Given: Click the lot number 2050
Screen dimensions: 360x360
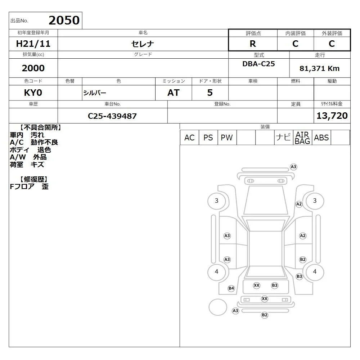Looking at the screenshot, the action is click(x=64, y=20).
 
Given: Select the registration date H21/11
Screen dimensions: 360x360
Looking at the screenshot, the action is click(x=33, y=44).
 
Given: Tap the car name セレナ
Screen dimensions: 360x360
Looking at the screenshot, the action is click(x=143, y=44).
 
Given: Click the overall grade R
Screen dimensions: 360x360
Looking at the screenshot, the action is click(x=253, y=44).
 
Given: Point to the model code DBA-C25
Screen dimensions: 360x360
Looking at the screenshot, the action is click(x=258, y=64).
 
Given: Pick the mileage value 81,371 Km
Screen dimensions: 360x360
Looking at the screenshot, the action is click(x=319, y=68).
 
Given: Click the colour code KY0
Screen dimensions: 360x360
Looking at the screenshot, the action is click(x=33, y=93).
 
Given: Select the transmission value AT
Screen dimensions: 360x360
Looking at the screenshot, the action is click(x=174, y=93).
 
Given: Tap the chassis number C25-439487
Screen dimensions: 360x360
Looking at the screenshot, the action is click(x=112, y=116).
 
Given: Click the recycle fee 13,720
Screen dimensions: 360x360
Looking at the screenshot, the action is click(x=332, y=116).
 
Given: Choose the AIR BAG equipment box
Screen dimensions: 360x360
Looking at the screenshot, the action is click(x=302, y=138).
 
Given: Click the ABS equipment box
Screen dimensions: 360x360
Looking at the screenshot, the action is click(x=321, y=138).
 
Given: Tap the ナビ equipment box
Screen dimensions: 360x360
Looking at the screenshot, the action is click(x=284, y=138).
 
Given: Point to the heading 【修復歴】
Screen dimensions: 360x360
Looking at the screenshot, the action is click(x=33, y=179).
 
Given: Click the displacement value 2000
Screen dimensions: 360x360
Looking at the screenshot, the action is click(x=33, y=68).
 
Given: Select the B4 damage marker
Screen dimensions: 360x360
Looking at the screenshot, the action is click(x=231, y=288).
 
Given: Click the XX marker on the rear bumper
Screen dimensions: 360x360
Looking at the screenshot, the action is click(x=265, y=299).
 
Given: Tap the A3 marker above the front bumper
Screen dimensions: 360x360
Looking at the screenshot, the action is click(x=293, y=167).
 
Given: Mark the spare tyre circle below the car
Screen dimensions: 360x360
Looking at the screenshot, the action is click(x=218, y=307).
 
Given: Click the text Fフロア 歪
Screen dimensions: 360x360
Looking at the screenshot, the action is click(x=29, y=186).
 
